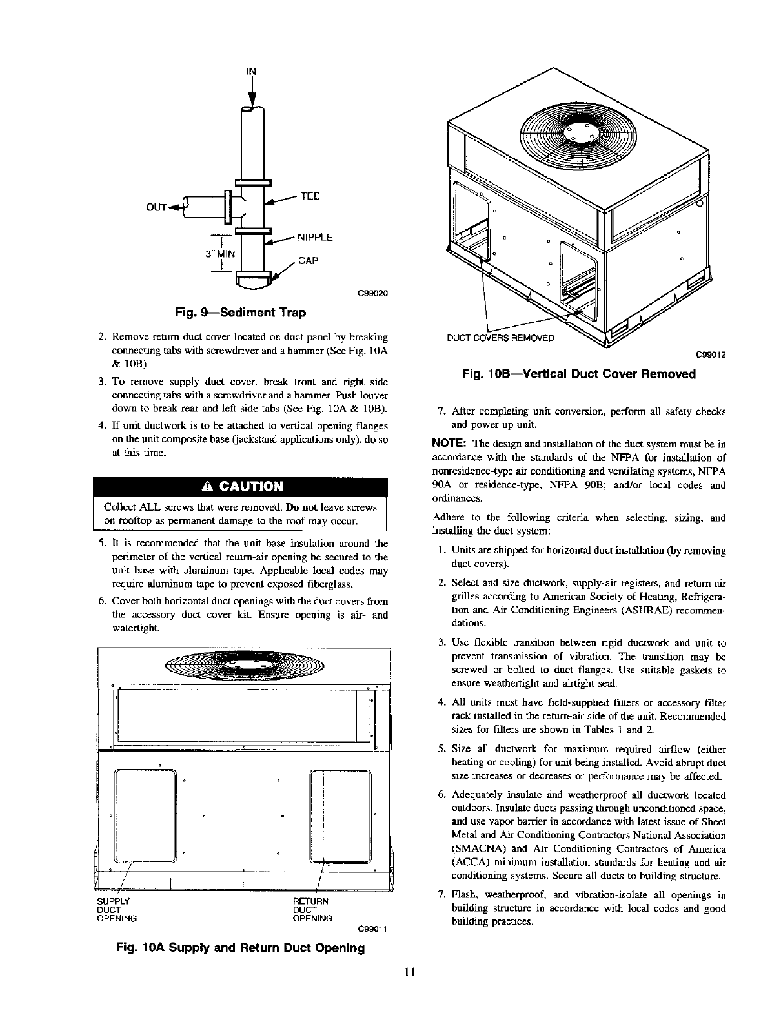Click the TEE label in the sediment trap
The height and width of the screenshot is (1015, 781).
310,196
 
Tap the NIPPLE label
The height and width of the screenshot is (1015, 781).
314,238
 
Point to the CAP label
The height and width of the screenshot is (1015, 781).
307,261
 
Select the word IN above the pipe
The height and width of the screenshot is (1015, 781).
252,71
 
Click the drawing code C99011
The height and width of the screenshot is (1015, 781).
371,930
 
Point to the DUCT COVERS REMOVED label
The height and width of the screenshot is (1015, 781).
500,338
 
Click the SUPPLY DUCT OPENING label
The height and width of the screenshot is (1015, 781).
116,909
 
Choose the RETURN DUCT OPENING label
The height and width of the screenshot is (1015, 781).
312,909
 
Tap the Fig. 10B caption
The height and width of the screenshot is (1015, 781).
579,374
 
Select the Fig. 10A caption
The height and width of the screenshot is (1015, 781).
240,948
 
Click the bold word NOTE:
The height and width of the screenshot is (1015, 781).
449,444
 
